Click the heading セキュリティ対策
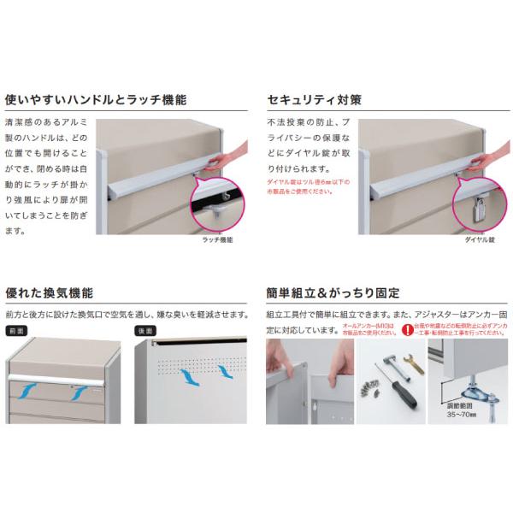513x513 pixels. [314, 99]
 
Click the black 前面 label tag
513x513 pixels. [18, 329]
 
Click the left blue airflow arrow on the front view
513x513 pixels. [33, 392]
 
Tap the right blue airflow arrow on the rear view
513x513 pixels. [226, 371]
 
